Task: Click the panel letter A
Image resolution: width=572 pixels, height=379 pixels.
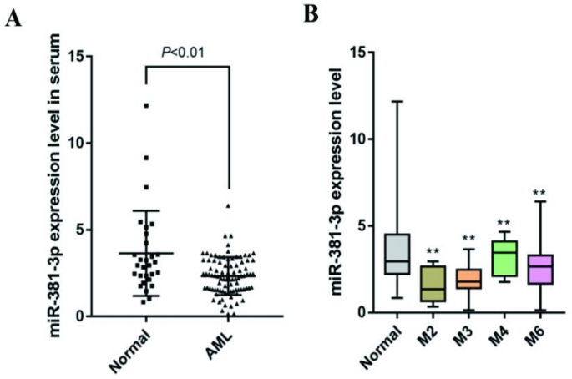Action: pyautogui.click(x=13, y=20)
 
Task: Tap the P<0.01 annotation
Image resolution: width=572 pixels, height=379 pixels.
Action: pyautogui.click(x=184, y=52)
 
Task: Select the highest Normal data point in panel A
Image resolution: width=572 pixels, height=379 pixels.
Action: pyautogui.click(x=146, y=106)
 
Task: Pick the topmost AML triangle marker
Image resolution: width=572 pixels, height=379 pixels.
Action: pyautogui.click(x=228, y=205)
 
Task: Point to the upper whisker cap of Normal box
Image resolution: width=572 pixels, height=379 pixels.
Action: pyautogui.click(x=397, y=101)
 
